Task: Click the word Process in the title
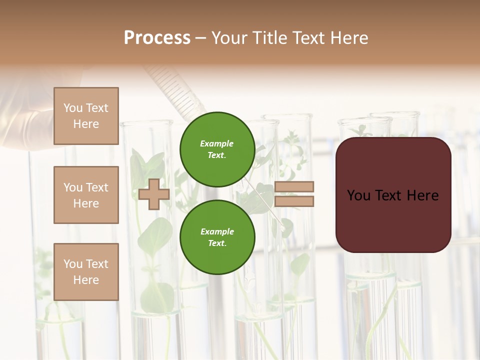(157, 38)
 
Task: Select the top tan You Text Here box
(86, 116)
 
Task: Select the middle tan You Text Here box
(86, 195)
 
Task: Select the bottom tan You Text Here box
(86, 272)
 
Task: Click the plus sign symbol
(153, 194)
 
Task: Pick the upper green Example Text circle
(217, 149)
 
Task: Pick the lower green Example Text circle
(217, 237)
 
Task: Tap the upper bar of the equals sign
(294, 187)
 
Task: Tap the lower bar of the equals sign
(294, 201)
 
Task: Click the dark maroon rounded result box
(393, 220)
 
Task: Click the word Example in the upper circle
(217, 143)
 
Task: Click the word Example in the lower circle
(217, 231)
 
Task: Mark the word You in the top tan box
(73, 108)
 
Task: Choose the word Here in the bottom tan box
(86, 280)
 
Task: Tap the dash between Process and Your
(200, 38)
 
